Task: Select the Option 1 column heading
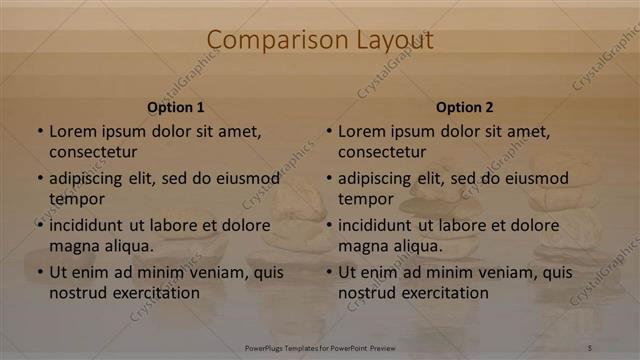pyautogui.click(x=176, y=107)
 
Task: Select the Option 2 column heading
pyautogui.click(x=465, y=107)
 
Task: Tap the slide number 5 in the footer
pyautogui.click(x=589, y=347)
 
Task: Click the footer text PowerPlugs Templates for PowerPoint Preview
pyautogui.click(x=320, y=347)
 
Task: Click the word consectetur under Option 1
pyautogui.click(x=93, y=151)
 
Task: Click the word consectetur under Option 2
pyautogui.click(x=382, y=151)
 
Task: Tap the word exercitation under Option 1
pyautogui.click(x=155, y=293)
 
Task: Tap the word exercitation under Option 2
pyautogui.click(x=444, y=293)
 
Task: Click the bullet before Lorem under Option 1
pyautogui.click(x=40, y=131)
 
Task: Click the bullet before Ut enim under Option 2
pyautogui.click(x=329, y=272)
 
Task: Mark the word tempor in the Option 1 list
pyautogui.click(x=75, y=199)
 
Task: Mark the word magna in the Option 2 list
pyautogui.click(x=361, y=246)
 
